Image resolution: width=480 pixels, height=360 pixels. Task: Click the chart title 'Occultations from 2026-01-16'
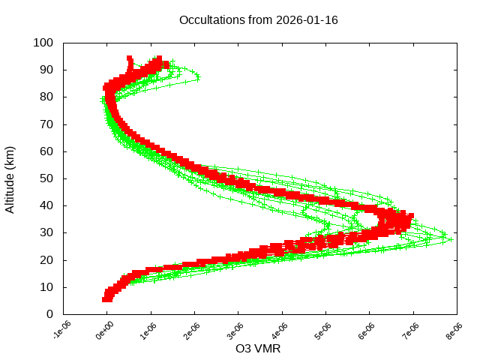259,19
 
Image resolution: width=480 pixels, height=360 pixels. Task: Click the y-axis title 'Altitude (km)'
10,178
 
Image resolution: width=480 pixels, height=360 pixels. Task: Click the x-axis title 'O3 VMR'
258,349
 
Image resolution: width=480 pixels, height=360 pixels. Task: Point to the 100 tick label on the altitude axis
43,43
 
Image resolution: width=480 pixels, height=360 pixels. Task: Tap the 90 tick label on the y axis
46,70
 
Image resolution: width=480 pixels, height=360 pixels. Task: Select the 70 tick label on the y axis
46,124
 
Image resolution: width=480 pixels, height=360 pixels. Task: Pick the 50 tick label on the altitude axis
46,178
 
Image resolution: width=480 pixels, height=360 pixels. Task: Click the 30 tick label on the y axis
46,232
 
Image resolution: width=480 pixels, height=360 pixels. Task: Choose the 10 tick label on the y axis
46,287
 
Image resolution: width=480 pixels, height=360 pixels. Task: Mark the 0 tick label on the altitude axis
49,314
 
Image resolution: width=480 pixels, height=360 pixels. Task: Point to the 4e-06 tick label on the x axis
280,330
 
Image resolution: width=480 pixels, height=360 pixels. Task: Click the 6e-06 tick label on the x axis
367,330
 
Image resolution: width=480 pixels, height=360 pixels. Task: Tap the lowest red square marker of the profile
107,299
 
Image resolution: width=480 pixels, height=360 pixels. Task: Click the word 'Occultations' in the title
212,19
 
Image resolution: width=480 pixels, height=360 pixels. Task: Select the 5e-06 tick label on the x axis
323,330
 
